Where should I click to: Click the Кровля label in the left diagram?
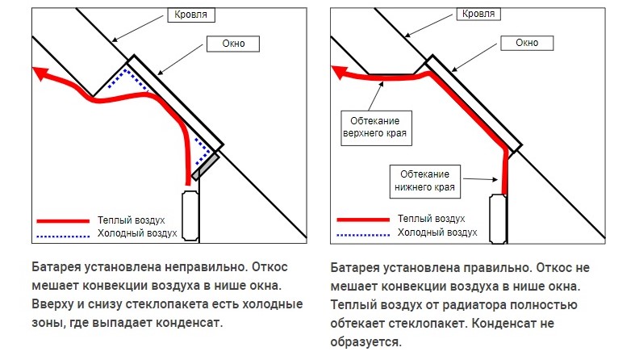tap(191, 15)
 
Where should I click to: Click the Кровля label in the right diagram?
tap(478, 14)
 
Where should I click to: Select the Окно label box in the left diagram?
tap(233, 44)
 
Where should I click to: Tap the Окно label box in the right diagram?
tap(527, 43)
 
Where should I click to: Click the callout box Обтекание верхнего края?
tap(376, 128)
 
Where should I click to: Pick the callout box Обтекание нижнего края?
tap(425, 182)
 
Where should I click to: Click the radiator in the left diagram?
tap(190, 216)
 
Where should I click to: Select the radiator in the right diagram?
tap(498, 219)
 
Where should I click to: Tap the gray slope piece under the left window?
tap(205, 166)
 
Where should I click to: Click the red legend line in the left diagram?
tap(63, 221)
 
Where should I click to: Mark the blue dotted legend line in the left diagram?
tap(63, 236)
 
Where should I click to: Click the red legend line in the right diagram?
tap(363, 220)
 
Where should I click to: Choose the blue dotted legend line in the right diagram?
tap(363, 234)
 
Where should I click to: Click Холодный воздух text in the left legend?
tap(137, 233)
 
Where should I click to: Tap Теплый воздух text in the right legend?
tap(432, 219)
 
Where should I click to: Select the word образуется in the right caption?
tap(366, 342)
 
